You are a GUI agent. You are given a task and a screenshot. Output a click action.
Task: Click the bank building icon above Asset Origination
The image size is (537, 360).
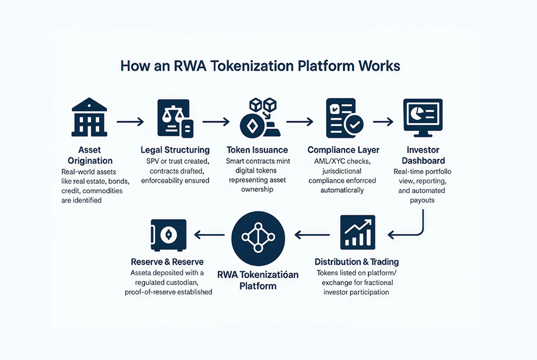click(x=89, y=117)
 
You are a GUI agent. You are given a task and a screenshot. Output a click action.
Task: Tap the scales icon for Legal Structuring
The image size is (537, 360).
click(x=175, y=118)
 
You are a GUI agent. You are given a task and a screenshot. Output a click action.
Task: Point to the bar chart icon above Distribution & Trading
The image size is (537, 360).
click(x=358, y=232)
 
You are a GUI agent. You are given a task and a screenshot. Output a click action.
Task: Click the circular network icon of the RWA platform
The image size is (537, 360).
click(x=258, y=238)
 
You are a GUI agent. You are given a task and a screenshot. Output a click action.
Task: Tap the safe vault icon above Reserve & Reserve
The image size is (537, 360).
click(x=168, y=235)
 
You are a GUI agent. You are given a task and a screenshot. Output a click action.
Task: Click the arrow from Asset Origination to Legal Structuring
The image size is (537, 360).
click(x=130, y=121)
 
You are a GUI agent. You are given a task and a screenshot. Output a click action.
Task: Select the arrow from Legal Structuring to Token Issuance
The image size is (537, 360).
click(x=216, y=121)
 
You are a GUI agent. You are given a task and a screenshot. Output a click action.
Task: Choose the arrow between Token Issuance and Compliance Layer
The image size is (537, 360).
click(x=300, y=121)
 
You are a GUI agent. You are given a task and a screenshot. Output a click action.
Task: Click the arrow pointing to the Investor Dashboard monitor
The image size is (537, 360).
click(x=383, y=121)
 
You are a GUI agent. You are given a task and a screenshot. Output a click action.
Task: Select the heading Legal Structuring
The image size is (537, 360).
click(x=175, y=150)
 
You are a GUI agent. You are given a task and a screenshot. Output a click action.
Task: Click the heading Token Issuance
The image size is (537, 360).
click(x=257, y=150)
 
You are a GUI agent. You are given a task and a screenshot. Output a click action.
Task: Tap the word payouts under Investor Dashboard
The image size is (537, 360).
click(x=423, y=200)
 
